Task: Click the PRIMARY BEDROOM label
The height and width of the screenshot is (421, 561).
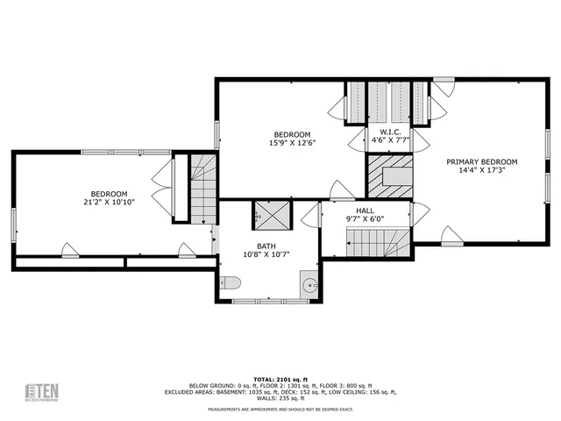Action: pos(481,161)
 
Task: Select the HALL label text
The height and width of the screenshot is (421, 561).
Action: pos(365,210)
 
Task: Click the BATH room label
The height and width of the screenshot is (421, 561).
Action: pos(266,246)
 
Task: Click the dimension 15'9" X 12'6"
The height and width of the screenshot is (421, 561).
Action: pos(292,143)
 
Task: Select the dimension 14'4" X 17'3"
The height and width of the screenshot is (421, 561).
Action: pos(481,171)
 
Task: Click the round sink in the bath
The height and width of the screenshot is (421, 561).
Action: pos(309,284)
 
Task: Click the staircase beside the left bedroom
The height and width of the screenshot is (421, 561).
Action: pos(203,189)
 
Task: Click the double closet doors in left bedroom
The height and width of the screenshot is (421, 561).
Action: pos(163,186)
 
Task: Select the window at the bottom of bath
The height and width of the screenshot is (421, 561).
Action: pos(269,302)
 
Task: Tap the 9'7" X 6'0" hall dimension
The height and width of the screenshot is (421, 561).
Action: pos(365,219)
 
